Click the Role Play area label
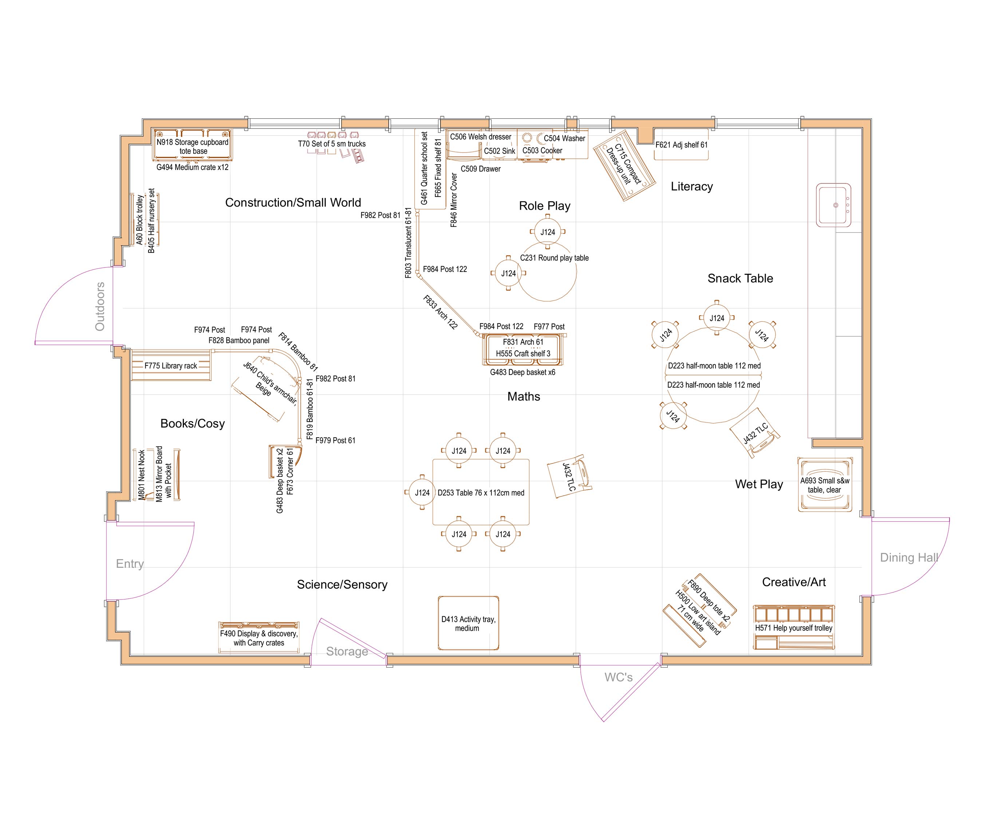(544, 206)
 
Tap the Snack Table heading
(740, 278)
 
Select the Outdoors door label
(100, 306)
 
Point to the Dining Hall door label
(909, 557)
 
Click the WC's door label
(618, 677)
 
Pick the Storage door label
(347, 652)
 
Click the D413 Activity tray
(468, 623)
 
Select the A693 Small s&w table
(824, 485)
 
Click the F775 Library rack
(170, 365)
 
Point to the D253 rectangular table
(481, 492)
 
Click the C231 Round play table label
(554, 258)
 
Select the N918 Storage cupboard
(192, 146)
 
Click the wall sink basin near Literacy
(834, 205)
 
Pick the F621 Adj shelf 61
(681, 145)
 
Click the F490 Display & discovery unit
(258, 637)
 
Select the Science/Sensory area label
(342, 585)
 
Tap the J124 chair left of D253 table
(422, 492)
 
